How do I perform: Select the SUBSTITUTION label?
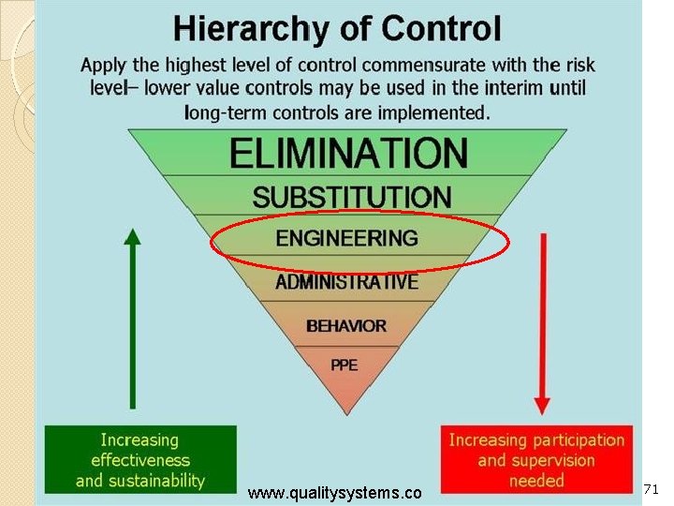pos(351,198)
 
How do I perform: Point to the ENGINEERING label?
pos(346,238)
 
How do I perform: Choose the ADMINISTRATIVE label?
pos(346,281)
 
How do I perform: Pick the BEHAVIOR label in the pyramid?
pos(345,326)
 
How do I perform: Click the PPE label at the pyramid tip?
pos(344,364)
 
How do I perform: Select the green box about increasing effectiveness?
pos(140,460)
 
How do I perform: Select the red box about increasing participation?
pos(536,460)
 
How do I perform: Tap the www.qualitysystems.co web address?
pos(335,493)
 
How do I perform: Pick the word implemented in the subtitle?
pos(425,113)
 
